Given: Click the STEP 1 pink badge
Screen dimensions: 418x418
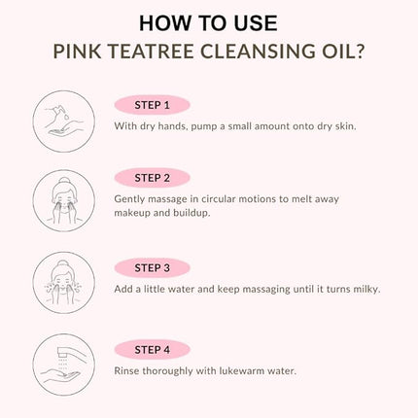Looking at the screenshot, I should click(152, 105).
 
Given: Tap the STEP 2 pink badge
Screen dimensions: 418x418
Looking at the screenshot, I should click(152, 178).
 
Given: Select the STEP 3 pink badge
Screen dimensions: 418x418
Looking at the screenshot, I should click(152, 266).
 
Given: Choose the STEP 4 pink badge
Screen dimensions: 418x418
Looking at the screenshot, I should click(152, 349).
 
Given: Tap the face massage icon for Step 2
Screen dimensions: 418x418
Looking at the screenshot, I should click(64, 201).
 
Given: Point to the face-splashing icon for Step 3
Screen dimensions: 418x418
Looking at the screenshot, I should click(64, 285).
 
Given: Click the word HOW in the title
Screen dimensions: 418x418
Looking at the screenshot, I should click(162, 22).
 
